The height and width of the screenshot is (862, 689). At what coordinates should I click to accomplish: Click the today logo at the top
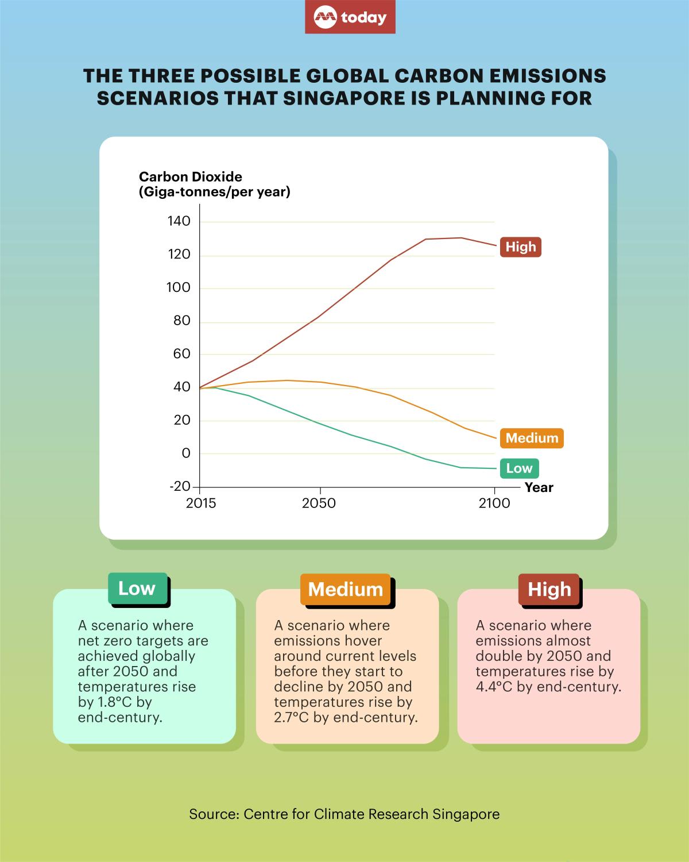(x=350, y=17)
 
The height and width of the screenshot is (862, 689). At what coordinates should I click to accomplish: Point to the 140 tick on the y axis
(x=179, y=221)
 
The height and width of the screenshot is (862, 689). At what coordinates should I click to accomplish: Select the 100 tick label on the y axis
(x=179, y=287)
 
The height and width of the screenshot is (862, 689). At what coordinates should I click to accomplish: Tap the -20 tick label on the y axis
(x=180, y=486)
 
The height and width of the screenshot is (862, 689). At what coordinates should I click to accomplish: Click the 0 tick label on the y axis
(x=185, y=453)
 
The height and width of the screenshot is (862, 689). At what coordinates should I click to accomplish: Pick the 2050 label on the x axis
(x=319, y=503)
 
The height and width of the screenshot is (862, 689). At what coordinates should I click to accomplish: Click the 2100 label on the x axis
(x=494, y=503)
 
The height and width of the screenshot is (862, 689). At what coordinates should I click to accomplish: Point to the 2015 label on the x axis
(x=200, y=503)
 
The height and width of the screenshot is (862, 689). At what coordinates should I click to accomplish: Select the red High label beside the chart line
(x=520, y=247)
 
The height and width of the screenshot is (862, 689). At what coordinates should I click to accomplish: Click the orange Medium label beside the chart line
(x=532, y=438)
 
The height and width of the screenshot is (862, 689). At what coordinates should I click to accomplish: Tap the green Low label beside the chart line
(x=519, y=468)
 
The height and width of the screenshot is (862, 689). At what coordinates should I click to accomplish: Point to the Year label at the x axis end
(x=539, y=487)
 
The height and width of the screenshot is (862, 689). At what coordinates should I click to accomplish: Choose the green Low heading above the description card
(x=137, y=588)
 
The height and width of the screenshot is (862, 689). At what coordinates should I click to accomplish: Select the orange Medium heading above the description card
(x=345, y=589)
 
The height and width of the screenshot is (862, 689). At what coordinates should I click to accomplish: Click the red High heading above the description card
(x=549, y=589)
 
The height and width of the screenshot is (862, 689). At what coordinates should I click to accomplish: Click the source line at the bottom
(x=344, y=814)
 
